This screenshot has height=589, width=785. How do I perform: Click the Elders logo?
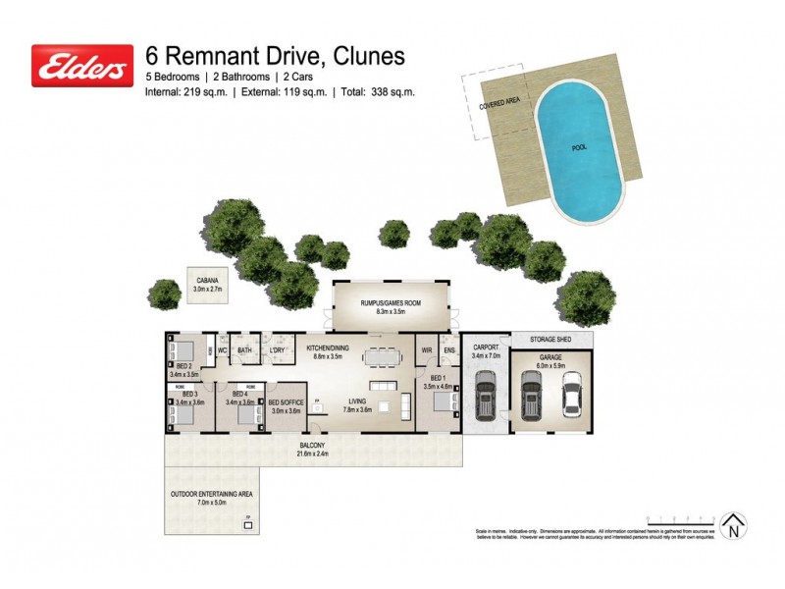[x=82, y=66]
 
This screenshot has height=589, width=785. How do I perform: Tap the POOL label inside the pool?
[x=581, y=148]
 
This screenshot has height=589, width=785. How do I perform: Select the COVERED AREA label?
[x=498, y=103]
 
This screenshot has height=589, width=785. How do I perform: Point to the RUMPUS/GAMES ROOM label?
[x=390, y=303]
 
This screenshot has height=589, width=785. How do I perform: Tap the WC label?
[x=223, y=348]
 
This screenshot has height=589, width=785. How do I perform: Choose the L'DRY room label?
[x=277, y=349]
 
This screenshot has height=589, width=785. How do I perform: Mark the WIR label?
[x=426, y=349]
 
